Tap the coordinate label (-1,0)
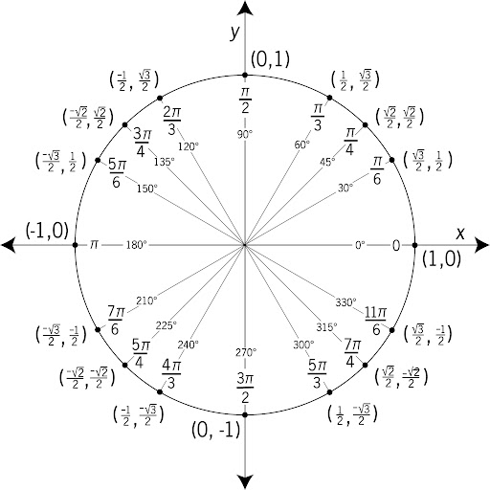click(x=47, y=231)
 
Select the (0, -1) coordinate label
click(x=215, y=430)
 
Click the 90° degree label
click(x=245, y=135)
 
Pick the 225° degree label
click(x=167, y=325)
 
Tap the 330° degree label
click(x=345, y=302)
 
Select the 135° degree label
click(x=165, y=162)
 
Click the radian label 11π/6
click(x=375, y=321)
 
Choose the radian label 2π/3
click(x=172, y=121)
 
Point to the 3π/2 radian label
click(x=245, y=389)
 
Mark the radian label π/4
click(x=350, y=141)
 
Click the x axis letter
click(x=460, y=234)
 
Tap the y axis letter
click(x=234, y=33)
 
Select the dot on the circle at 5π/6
click(x=98, y=160)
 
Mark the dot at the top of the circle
click(x=245, y=75)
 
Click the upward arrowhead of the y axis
click(x=245, y=9)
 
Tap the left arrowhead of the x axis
click(x=9, y=245)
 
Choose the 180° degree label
click(x=137, y=245)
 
